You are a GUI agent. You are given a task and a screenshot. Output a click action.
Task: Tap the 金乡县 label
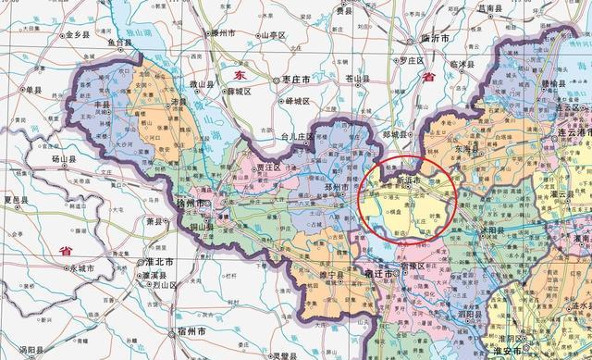tap(75, 35)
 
